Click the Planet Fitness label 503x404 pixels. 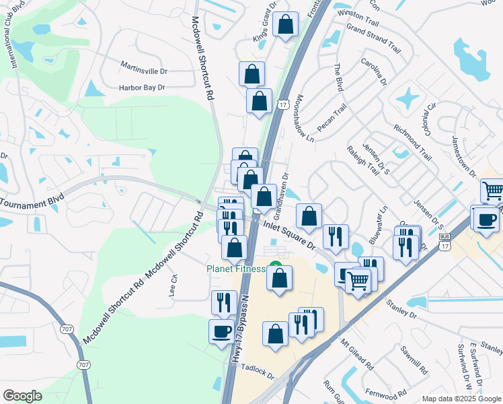236,270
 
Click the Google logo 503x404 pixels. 23,396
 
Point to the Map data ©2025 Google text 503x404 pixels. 461,398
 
